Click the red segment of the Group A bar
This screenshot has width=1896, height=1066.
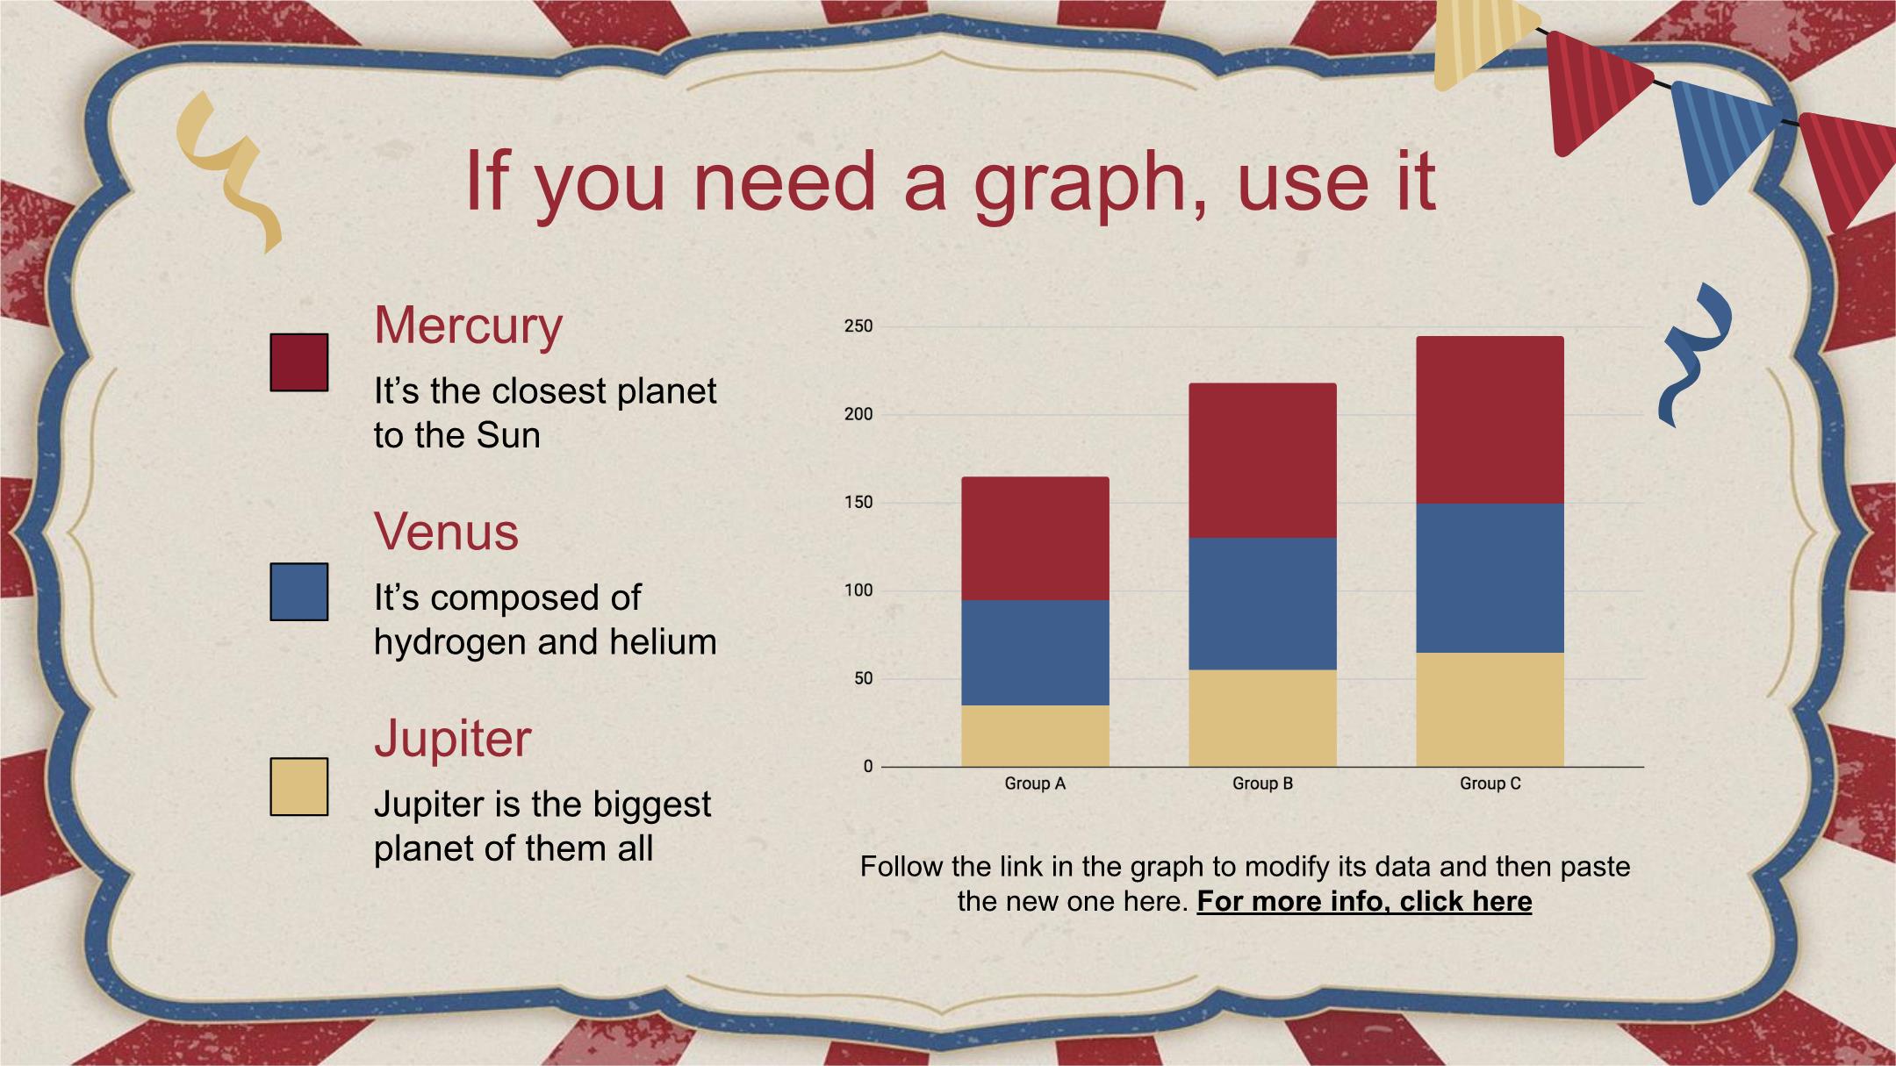pos(1035,539)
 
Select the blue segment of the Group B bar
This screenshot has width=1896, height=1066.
pos(1262,604)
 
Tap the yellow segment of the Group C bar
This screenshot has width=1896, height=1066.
pos(1490,710)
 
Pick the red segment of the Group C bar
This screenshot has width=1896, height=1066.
pos(1490,420)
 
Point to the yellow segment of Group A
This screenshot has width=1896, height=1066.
pos(1035,736)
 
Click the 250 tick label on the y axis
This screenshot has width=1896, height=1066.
pos(858,326)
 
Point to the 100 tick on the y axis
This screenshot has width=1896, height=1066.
pos(858,590)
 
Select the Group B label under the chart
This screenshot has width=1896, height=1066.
pos(1262,783)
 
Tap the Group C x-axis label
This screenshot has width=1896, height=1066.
pos(1490,783)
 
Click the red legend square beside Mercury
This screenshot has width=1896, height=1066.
pos(299,362)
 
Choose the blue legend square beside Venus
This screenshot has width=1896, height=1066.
pos(299,592)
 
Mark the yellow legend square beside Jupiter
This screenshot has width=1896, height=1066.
pos(299,787)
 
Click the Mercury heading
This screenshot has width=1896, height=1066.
pos(468,327)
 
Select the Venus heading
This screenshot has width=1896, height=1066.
pos(447,532)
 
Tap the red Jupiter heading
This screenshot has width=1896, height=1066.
pos(453,740)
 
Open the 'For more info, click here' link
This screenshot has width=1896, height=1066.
pos(1364,902)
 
